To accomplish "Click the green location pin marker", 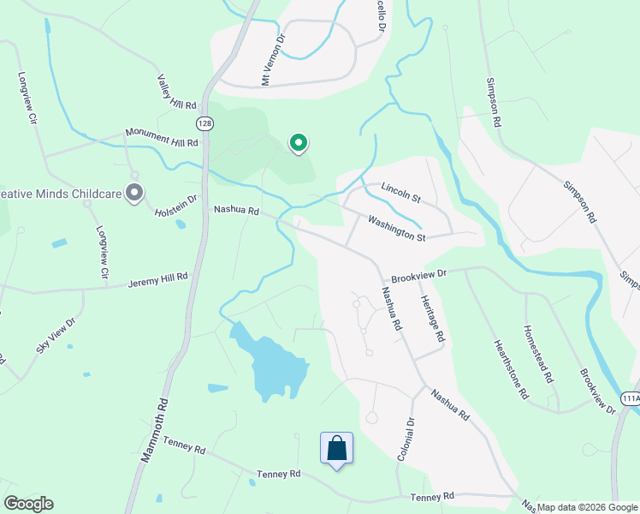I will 298,143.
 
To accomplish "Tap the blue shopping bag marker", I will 336,448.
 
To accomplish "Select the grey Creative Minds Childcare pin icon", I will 133,194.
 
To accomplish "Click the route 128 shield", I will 204,123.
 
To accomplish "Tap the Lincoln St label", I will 401,193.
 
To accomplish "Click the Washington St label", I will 396,228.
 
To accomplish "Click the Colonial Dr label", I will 405,439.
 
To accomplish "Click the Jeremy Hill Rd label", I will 157,282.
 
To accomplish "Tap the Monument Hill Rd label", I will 161,137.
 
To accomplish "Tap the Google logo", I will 28,504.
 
